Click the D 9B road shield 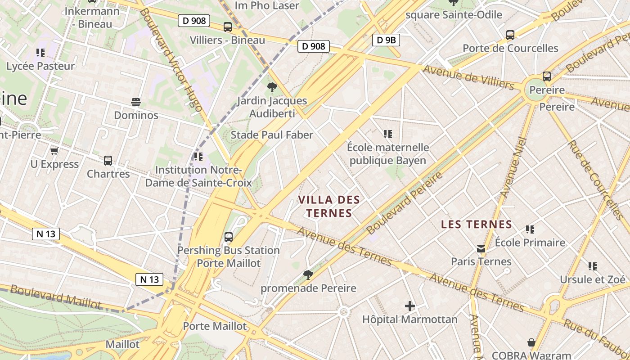point(386,40)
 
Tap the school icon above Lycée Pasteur point(40,53)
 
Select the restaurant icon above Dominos point(136,102)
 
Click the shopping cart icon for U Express point(54,151)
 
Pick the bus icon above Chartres point(108,160)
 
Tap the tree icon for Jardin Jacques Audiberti point(272,87)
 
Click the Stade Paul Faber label point(272,135)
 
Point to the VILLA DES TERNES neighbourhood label point(329,206)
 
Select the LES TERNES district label point(477,224)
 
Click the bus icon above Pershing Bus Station point(229,237)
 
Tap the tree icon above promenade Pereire point(308,274)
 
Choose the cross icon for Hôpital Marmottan point(410,306)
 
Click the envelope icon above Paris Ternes point(481,248)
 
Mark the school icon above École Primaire point(530,229)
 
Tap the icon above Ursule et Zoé point(593,266)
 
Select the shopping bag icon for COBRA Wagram point(531,343)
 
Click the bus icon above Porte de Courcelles point(510,35)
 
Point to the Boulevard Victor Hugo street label point(170,58)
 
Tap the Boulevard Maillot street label point(56,296)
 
